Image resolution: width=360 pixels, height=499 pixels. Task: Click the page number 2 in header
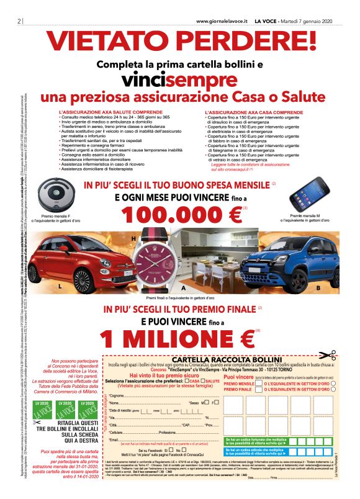(12, 20)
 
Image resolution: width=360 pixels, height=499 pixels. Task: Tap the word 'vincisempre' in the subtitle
(180, 81)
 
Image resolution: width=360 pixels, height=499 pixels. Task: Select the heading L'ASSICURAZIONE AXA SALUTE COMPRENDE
(101, 113)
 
